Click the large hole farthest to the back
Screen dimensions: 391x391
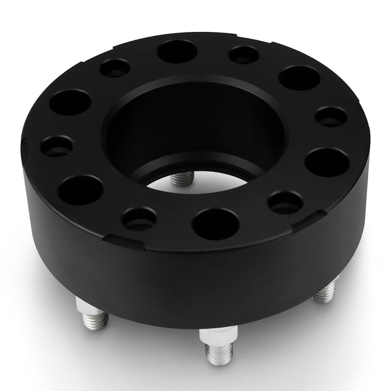tap(177, 51)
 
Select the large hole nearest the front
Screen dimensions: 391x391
tap(216, 224)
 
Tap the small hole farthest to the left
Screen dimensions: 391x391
tap(57, 145)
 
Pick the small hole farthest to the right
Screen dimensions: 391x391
tap(331, 117)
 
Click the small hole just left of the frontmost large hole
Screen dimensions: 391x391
tap(139, 218)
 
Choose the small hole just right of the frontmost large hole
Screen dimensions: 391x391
tap(285, 202)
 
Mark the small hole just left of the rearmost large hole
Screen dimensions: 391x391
tap(115, 68)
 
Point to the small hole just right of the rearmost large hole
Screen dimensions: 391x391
tap(244, 55)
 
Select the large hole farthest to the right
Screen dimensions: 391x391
tap(326, 162)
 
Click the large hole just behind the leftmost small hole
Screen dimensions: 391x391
tap(70, 102)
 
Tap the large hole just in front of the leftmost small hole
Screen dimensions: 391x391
tap(80, 190)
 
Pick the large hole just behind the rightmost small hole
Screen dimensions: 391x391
tap(299, 78)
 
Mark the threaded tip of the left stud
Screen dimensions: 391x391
tap(96, 321)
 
